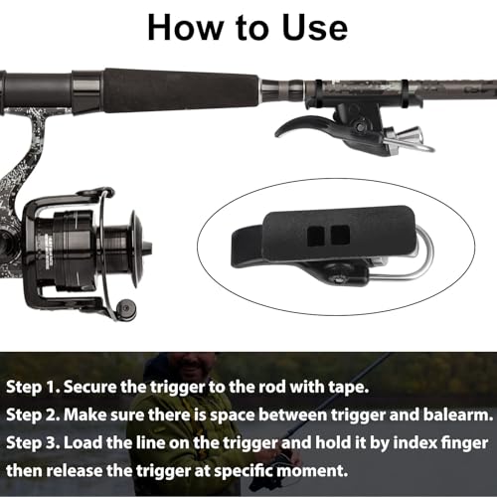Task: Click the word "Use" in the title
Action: pos(314,28)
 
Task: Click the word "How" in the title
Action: pos(184,28)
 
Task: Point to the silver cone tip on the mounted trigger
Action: pos(413,134)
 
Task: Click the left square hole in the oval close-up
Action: pos(315,237)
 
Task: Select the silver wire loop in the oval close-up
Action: pos(414,258)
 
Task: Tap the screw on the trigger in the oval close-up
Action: pos(339,279)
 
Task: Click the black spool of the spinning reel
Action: pos(89,246)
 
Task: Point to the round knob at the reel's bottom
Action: pos(126,308)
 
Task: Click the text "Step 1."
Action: pos(34,387)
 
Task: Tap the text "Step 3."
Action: pos(33,443)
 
